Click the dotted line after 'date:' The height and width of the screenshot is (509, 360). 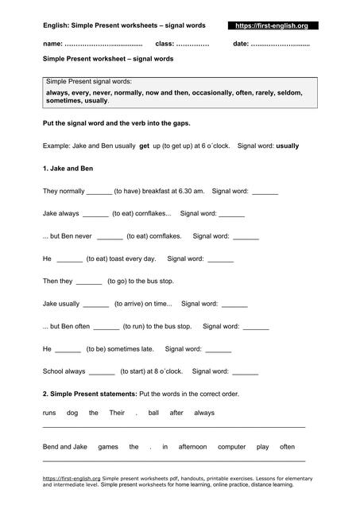pos(281,43)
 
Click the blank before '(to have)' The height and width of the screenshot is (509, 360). pos(99,192)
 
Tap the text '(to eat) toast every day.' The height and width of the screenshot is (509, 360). pos(121,258)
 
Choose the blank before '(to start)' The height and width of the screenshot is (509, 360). pos(102,371)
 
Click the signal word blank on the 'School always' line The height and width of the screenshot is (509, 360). pos(246,371)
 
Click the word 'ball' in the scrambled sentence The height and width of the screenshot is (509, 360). pos(153,413)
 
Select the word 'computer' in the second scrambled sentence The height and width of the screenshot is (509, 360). pos(231,447)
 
